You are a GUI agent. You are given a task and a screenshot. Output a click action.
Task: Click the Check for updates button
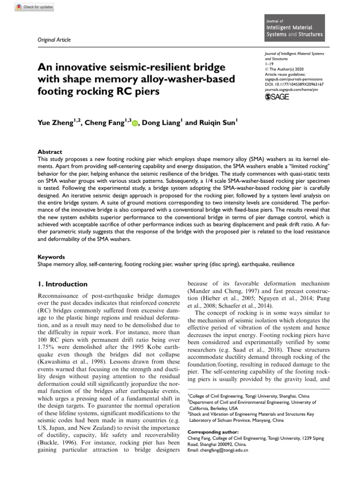pos(34,7)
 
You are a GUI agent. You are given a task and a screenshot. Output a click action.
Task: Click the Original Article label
pos(54,40)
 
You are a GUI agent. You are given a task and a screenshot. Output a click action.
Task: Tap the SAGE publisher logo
pos(277,97)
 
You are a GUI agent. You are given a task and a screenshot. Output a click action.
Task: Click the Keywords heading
pos(51,257)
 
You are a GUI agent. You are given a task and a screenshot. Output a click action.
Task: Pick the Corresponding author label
pos(213,432)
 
